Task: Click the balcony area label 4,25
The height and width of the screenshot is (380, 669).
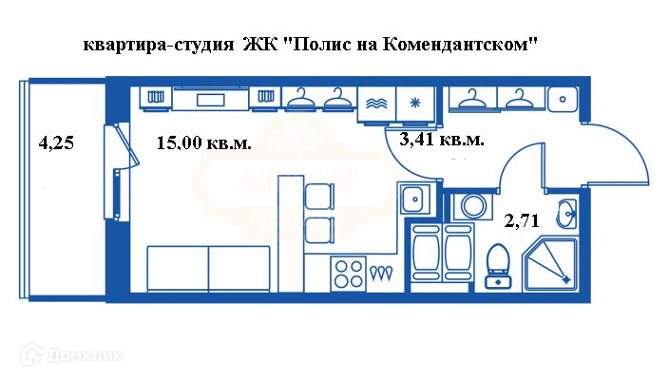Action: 55,144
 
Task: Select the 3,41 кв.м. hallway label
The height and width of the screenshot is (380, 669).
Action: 442,141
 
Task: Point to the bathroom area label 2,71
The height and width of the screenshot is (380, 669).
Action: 522,221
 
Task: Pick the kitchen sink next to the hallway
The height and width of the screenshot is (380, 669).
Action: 413,200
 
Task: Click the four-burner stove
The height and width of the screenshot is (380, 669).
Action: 348,275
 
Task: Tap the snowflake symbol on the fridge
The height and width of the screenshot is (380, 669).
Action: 413,102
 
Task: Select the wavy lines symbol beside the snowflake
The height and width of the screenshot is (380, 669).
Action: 374,102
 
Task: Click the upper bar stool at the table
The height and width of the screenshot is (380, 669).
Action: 318,195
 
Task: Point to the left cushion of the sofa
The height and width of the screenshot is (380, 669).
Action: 178,269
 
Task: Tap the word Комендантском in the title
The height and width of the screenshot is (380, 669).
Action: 461,45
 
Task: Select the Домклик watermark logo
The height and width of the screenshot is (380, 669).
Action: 72,357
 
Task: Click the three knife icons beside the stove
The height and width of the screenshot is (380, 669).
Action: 382,274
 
